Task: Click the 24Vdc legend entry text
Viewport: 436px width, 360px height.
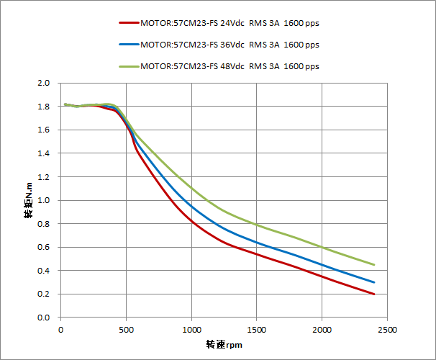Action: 230,22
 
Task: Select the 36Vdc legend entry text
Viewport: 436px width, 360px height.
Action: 230,44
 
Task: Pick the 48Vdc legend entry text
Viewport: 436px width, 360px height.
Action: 230,66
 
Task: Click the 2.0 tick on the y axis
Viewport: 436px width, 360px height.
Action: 44,84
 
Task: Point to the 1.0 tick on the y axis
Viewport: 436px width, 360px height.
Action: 44,201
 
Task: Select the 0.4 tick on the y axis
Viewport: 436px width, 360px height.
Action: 44,271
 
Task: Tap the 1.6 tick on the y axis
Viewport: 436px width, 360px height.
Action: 44,130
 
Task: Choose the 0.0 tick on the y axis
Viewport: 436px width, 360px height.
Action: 44,318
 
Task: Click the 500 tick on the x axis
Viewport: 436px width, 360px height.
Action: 126,330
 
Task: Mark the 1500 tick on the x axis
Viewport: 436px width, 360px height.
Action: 257,330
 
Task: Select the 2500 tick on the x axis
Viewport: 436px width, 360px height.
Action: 387,330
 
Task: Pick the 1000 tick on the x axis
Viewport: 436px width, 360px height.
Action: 191,330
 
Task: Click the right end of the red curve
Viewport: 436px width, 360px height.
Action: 374,294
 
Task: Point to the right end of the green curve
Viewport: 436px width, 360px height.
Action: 374,264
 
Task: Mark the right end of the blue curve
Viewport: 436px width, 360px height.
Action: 374,282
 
